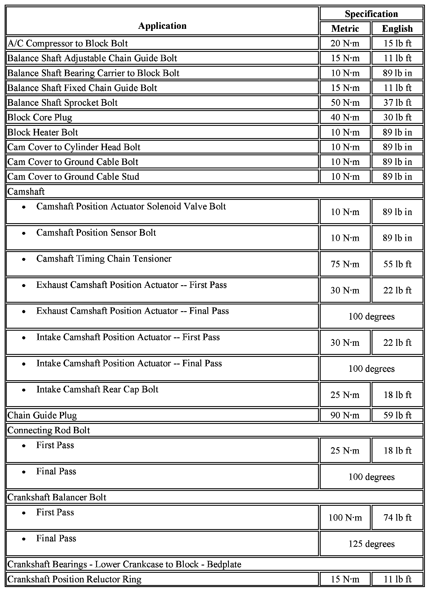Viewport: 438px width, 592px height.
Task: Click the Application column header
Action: [x=162, y=26]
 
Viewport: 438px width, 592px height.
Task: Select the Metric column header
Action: [x=345, y=29]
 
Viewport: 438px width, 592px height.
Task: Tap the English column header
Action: [x=397, y=29]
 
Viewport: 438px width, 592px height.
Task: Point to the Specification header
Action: [x=371, y=14]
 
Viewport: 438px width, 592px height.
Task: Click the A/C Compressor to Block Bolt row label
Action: [x=68, y=43]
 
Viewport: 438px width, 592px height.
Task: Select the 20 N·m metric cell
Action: [x=345, y=43]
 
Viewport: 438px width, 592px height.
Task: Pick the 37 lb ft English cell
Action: [x=397, y=103]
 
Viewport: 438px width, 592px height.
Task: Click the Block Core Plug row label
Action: [x=40, y=117]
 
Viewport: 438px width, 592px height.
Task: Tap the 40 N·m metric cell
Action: [x=345, y=117]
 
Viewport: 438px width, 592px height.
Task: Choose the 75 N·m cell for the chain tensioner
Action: [x=345, y=264]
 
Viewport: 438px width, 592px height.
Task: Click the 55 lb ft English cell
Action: [x=397, y=264]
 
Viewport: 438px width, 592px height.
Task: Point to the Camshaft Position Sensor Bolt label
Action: [x=96, y=233]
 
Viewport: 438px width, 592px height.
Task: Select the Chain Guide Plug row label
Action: [x=42, y=415]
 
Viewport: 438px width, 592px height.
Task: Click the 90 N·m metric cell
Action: [x=345, y=415]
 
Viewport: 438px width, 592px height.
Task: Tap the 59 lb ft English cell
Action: [x=397, y=415]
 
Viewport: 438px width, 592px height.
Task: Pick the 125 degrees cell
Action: [x=371, y=544]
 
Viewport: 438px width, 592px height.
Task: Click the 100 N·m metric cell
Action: [x=345, y=518]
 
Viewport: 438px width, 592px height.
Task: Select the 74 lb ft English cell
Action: [x=397, y=518]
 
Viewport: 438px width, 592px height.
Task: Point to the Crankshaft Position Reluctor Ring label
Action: [x=74, y=579]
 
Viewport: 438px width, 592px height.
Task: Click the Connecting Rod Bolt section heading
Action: [x=49, y=430]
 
